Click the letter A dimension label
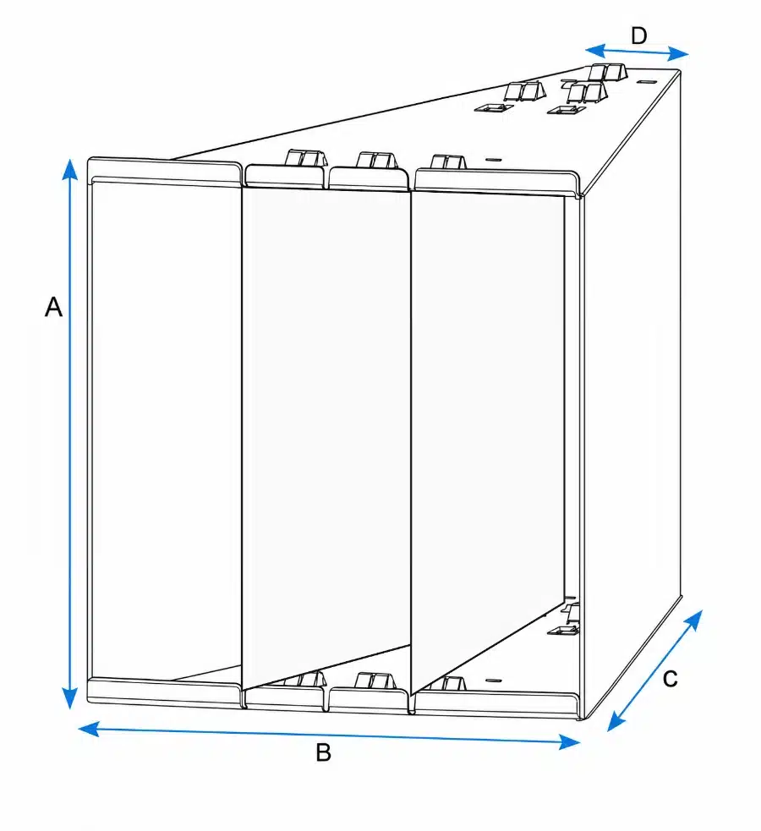[x=53, y=307]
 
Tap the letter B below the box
[x=323, y=752]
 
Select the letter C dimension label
[x=670, y=679]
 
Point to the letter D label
[x=639, y=36]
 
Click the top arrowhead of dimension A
[x=69, y=170]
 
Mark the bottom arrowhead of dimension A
[x=69, y=697]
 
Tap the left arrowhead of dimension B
[x=89, y=729]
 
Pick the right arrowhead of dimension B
[x=570, y=742]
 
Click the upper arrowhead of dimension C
[x=694, y=619]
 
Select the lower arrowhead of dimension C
[x=616, y=722]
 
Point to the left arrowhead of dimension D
[x=595, y=51]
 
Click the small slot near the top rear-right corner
[x=645, y=82]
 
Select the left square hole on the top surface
[x=493, y=108]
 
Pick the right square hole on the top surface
[x=566, y=110]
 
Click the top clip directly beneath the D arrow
[x=607, y=72]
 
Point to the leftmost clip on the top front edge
[x=304, y=158]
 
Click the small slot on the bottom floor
[x=493, y=681]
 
